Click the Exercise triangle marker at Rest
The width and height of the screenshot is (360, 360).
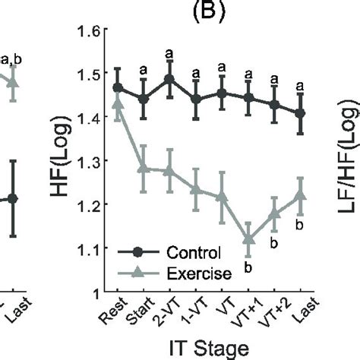pyautogui.click(x=118, y=103)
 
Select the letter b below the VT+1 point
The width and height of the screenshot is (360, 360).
pyautogui.click(x=248, y=267)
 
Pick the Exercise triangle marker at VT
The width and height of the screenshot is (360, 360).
pyautogui.click(x=222, y=196)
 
